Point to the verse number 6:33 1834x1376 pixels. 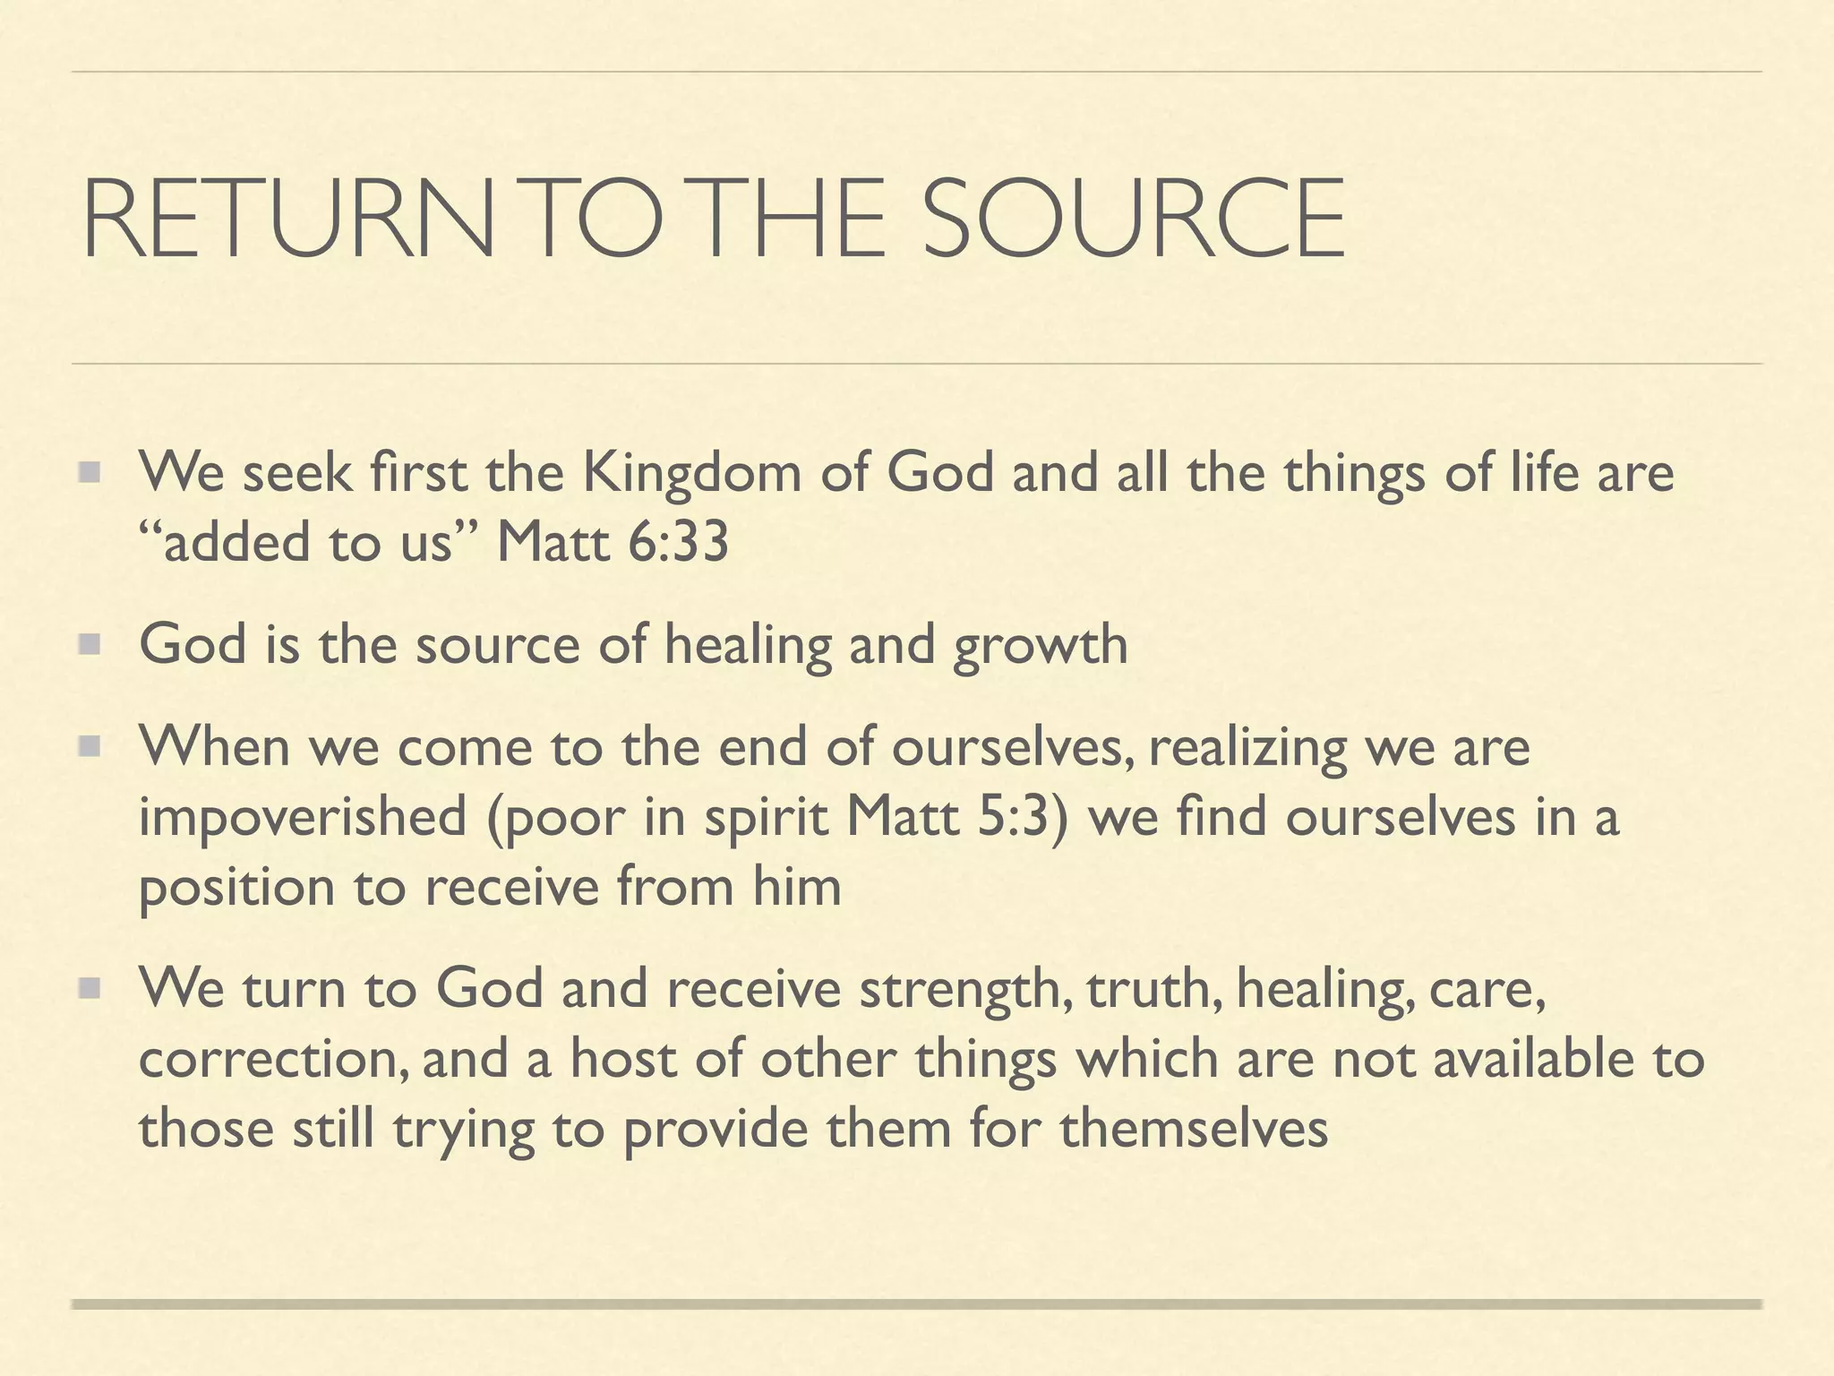tap(678, 542)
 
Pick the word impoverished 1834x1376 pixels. tap(303, 817)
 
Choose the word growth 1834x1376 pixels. tap(1040, 644)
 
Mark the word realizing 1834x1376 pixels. tap(1247, 747)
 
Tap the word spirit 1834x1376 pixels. tap(767, 817)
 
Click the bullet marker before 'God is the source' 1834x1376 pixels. tap(90, 644)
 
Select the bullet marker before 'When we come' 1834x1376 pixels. tap(90, 746)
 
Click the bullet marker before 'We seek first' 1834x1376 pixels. tap(90, 471)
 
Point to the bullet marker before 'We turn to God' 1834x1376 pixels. tap(90, 988)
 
